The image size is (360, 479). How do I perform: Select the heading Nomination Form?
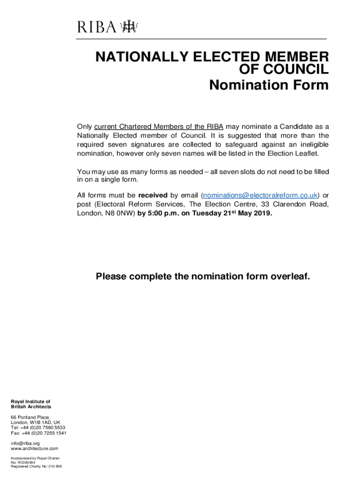(x=269, y=86)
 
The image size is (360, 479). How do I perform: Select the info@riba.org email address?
(x=26, y=443)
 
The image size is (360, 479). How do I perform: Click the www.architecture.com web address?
(x=35, y=449)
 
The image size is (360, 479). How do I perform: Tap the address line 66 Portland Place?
(x=30, y=417)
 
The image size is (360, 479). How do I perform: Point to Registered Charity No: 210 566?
(x=36, y=466)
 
